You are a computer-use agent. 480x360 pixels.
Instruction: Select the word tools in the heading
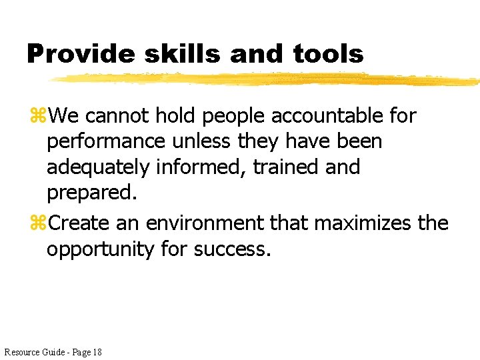pyautogui.click(x=329, y=54)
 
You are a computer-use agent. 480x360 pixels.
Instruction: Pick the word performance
pyautogui.click(x=105, y=142)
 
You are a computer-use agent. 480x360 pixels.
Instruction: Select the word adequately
pyautogui.click(x=98, y=167)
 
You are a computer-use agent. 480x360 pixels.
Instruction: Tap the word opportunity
pyautogui.click(x=101, y=249)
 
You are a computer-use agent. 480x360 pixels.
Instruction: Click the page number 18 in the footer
pyautogui.click(x=97, y=351)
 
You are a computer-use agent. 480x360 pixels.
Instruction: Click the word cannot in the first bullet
pyautogui.click(x=118, y=115)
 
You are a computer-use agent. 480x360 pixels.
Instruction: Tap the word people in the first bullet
pyautogui.click(x=233, y=116)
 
